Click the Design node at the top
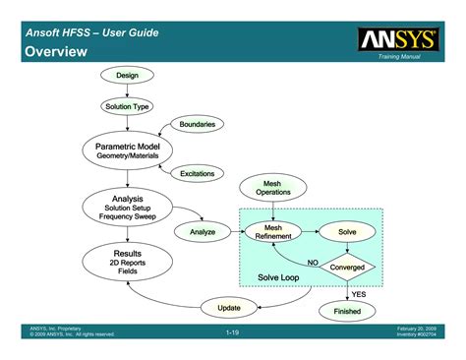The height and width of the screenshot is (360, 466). point(127,76)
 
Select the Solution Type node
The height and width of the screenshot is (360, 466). point(127,106)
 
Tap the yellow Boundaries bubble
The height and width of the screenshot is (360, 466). point(197,124)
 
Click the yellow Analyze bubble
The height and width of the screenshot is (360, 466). point(202,231)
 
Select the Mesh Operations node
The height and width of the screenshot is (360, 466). point(273,187)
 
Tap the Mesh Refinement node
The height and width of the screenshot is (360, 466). point(273,231)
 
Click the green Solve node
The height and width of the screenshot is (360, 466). point(347,231)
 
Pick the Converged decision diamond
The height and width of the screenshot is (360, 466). point(347,267)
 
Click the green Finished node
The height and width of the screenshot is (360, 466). point(347,311)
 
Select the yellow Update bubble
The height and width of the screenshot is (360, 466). point(228,308)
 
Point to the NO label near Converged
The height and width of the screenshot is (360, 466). point(313,263)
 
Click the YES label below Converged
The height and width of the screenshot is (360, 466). point(359,293)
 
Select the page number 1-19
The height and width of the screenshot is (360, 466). point(233,334)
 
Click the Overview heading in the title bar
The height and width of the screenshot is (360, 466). point(52,50)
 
